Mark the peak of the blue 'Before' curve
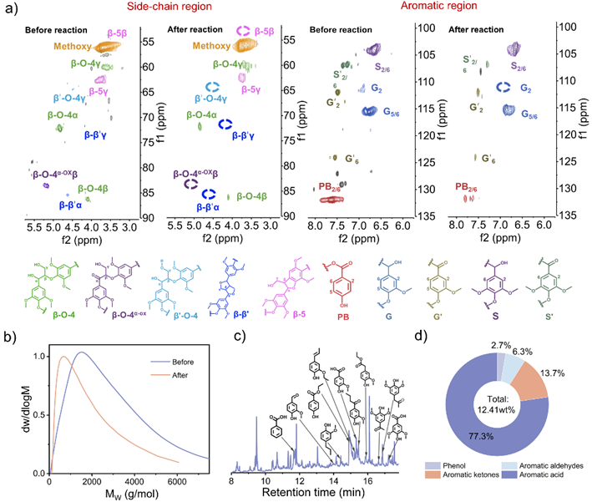click(x=82, y=352)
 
